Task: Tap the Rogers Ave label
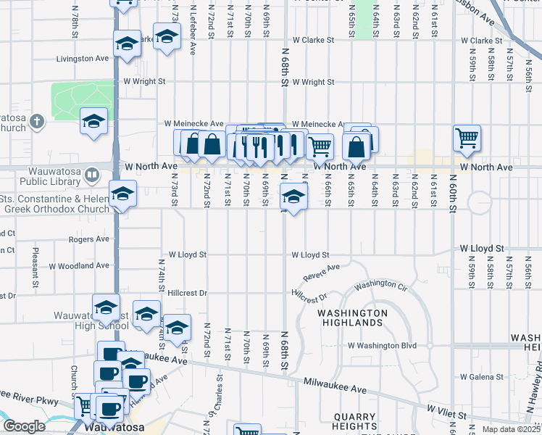coord(88,239)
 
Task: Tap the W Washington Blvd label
coord(382,347)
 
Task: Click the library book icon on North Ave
coord(91,175)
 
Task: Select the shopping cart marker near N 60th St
coord(467,137)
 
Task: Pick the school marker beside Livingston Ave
coord(127,46)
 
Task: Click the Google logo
coord(24,426)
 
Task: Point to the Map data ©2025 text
coord(510,429)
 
